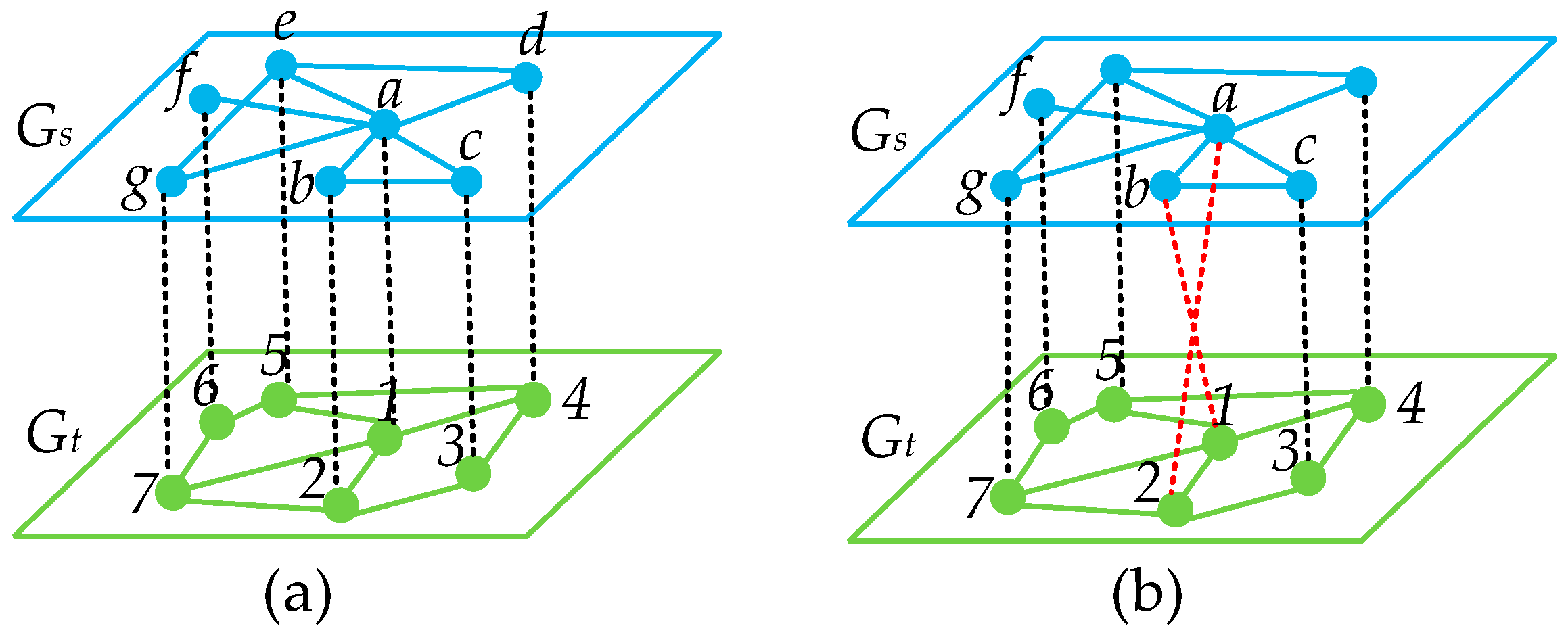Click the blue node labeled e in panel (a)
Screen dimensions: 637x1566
[x=281, y=66]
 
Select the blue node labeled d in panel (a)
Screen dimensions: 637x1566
[x=526, y=78]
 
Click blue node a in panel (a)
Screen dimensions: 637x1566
[x=385, y=124]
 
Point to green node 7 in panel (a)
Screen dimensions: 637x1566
[x=172, y=492]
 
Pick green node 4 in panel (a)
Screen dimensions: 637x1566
[x=534, y=400]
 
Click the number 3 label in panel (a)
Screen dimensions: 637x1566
[x=451, y=448]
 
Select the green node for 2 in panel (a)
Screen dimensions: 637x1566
[x=340, y=505]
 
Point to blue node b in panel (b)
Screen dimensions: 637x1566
[x=1166, y=185]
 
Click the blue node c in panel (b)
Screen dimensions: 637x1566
[x=1302, y=185]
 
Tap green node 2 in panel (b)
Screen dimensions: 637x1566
[x=1175, y=509]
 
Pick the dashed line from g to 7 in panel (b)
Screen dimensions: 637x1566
[x=1008, y=338]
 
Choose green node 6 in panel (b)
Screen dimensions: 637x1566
[x=1051, y=426]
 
